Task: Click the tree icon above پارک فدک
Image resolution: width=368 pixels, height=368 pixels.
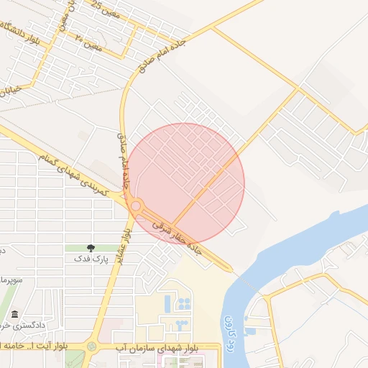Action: tap(90, 249)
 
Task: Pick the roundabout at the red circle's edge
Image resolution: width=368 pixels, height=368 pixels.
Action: tap(135, 206)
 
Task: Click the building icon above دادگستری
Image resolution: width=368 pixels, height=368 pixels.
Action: tap(16, 314)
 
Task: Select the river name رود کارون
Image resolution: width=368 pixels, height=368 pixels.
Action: tap(229, 330)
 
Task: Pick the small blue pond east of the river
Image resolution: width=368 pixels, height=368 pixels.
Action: tap(249, 331)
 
